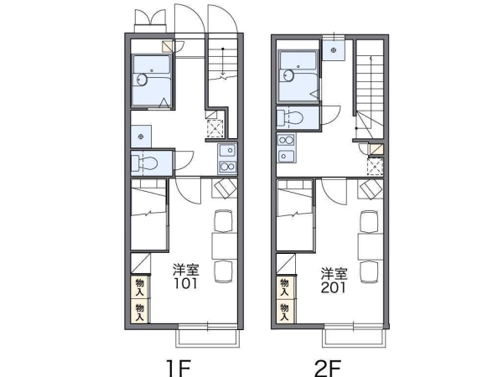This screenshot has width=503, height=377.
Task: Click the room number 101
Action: click(186, 283)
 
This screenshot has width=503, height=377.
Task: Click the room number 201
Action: click(334, 287)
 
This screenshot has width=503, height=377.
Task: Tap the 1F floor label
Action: click(179, 369)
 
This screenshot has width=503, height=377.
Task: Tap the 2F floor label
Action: click(328, 369)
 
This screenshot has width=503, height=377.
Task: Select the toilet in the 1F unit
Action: click(145, 163)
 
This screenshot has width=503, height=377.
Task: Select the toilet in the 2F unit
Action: click(290, 118)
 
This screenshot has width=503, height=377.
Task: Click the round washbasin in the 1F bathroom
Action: click(143, 80)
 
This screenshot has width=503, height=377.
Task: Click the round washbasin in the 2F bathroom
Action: click(289, 75)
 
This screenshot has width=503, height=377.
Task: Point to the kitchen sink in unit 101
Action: click(227, 150)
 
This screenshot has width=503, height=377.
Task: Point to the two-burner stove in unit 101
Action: click(227, 167)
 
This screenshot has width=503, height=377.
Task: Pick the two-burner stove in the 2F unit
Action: click(286, 140)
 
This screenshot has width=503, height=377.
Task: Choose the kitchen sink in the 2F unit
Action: click(286, 156)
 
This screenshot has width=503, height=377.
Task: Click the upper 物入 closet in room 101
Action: click(139, 287)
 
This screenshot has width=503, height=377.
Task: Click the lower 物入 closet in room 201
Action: click(285, 312)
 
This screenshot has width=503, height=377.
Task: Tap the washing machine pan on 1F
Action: click(141, 137)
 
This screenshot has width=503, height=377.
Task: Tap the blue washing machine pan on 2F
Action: click(334, 50)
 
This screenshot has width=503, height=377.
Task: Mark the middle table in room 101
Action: click(224, 245)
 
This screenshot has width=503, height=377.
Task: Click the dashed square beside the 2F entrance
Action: click(375, 167)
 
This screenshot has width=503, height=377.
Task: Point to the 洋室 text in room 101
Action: click(186, 270)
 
